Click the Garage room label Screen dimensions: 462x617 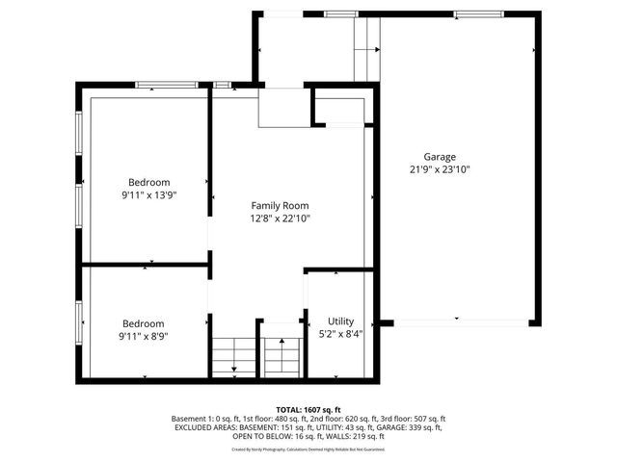click(440, 157)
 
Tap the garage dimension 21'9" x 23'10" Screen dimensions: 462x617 click(440, 169)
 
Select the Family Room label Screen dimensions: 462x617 click(280, 205)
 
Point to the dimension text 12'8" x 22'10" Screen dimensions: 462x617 click(280, 218)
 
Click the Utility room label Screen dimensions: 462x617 click(340, 321)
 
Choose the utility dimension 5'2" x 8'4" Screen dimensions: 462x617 click(340, 334)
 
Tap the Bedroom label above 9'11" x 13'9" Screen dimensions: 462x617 click(149, 182)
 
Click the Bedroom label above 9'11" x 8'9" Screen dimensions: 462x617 click(143, 323)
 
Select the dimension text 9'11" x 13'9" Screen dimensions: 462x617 click(149, 194)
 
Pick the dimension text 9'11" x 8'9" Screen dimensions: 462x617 click(143, 337)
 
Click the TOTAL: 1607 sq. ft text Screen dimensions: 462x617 click(308, 410)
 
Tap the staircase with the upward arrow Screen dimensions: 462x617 click(281, 356)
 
